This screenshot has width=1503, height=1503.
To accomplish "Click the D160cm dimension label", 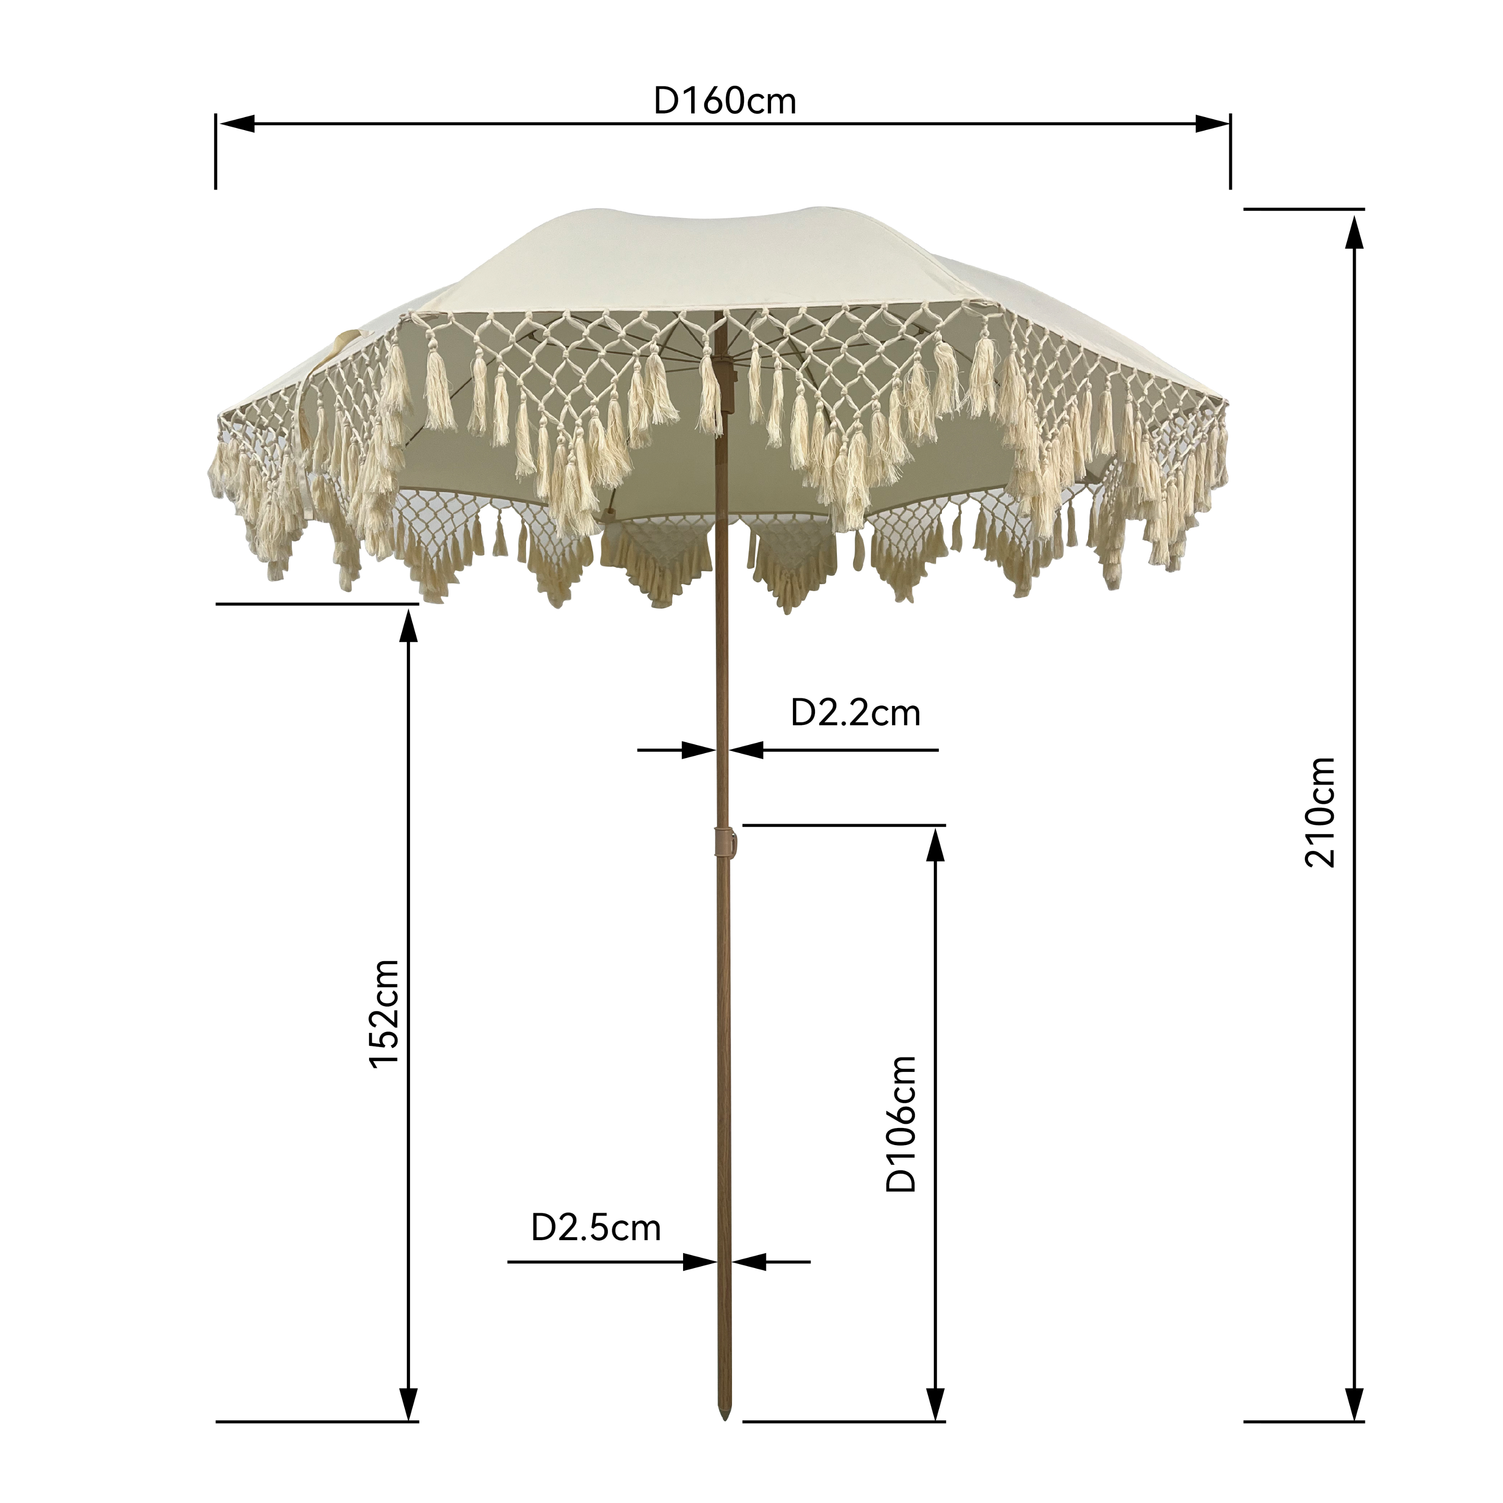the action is coord(725,101).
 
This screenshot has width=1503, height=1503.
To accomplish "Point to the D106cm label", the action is coord(902,1124).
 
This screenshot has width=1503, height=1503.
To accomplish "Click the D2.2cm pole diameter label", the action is coord(855,713).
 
